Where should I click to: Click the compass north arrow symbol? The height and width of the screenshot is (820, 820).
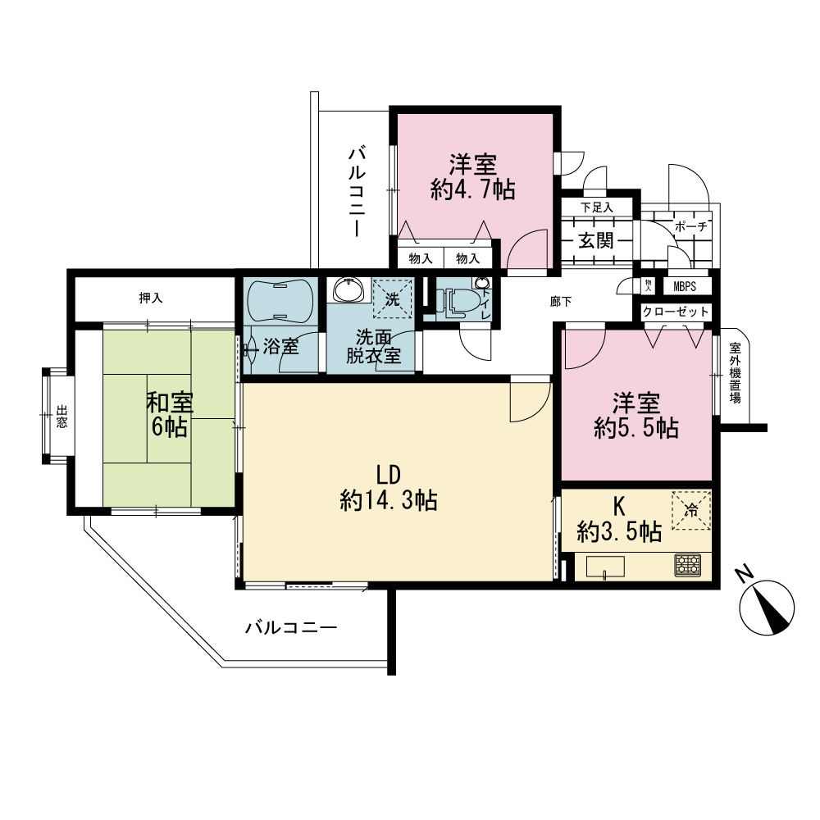[x=767, y=608]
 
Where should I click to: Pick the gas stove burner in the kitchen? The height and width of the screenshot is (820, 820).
[x=688, y=565]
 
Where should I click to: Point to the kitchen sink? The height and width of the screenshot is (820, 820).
[x=605, y=567]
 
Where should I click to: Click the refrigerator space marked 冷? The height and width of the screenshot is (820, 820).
[x=691, y=510]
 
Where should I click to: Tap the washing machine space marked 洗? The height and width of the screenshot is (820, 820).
[x=392, y=299]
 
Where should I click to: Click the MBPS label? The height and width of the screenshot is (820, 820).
[x=685, y=286]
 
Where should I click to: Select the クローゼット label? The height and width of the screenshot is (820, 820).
[x=676, y=312]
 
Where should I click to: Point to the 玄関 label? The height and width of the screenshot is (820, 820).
[x=596, y=240]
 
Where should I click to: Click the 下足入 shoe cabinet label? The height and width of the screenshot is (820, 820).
[x=597, y=207]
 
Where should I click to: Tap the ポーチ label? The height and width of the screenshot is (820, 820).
[x=690, y=226]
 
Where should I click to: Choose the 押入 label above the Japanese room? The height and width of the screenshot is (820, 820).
[x=151, y=298]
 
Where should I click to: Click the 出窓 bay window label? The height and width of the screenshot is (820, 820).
[x=61, y=417]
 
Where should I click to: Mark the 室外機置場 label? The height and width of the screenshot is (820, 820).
[x=736, y=373]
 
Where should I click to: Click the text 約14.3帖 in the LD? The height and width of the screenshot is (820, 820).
[x=389, y=501]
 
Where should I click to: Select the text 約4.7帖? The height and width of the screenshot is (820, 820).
[x=473, y=189]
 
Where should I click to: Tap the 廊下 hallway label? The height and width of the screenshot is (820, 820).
[x=561, y=302]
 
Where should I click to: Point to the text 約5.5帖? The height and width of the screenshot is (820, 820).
[x=636, y=428]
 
